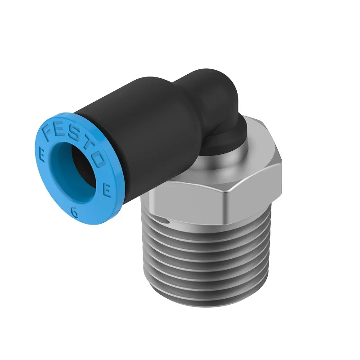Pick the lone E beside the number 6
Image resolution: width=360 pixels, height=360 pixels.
pyautogui.click(x=107, y=191)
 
